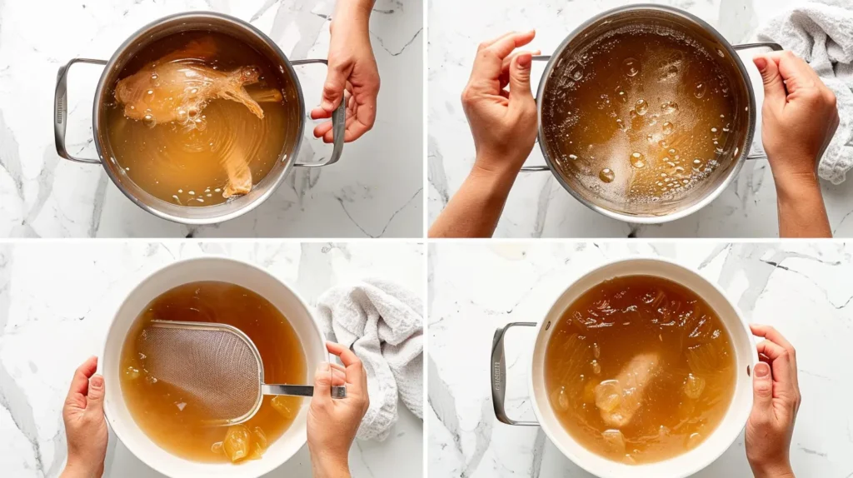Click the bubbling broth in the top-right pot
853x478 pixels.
coord(641,117)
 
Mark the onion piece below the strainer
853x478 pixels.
coord(237,442)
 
